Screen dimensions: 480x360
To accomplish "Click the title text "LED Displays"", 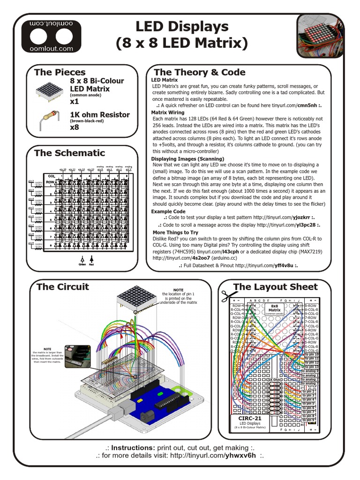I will (x=182, y=26).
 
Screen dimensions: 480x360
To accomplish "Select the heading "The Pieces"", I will (x=60, y=72).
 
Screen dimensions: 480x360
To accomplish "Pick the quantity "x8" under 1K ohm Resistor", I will (x=75, y=127).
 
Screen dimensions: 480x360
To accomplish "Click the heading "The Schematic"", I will (x=69, y=153).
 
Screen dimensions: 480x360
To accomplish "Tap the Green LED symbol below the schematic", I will (x=82, y=260).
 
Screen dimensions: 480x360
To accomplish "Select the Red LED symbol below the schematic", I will (x=91, y=260).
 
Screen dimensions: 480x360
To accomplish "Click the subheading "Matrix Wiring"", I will (x=168, y=113).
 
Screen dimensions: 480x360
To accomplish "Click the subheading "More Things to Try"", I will (x=175, y=232).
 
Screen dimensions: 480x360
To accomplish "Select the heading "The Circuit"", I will (x=63, y=287).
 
